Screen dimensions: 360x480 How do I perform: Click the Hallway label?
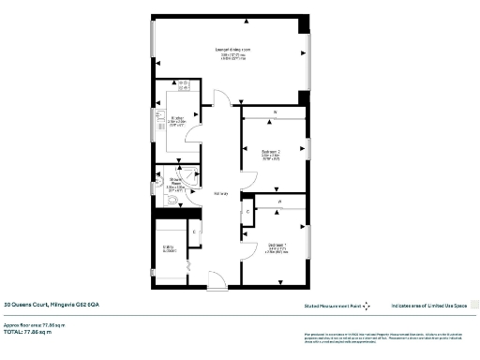[220, 194]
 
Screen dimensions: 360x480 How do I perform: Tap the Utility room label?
[170, 249]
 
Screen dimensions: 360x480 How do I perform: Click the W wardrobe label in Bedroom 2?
[274, 113]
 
